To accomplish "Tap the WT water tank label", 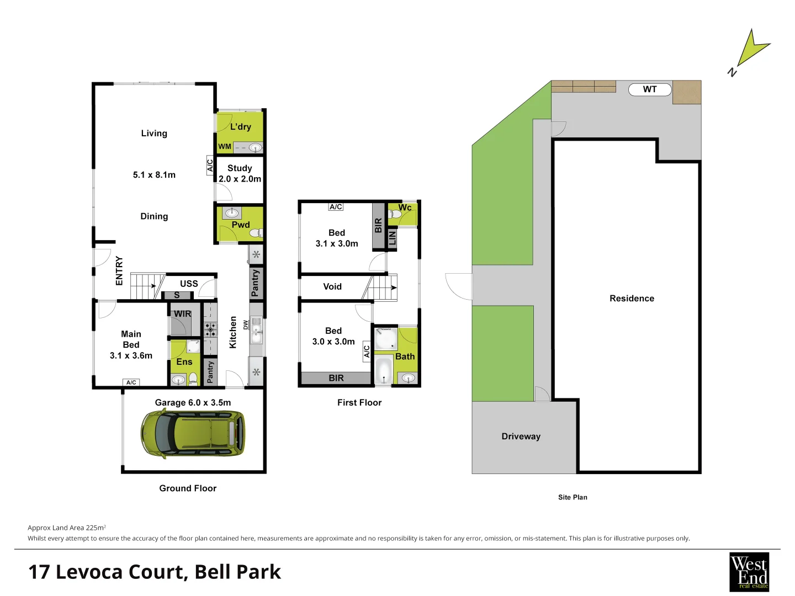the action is (650, 89).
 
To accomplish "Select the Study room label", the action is (240, 168).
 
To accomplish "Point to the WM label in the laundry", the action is (225, 147).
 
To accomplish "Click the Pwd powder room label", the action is (241, 225).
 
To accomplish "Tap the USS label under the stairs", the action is (189, 284).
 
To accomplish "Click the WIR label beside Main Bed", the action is (183, 314).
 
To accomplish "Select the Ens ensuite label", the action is (184, 362).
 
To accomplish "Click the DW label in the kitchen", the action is (246, 325).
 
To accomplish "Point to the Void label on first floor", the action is (332, 286).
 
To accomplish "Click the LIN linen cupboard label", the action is (392, 238).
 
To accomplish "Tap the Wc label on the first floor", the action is (405, 207).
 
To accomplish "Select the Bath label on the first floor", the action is (405, 357).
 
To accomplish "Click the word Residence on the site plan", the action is (632, 299).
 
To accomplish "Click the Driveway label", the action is (521, 437).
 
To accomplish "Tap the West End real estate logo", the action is (749, 572).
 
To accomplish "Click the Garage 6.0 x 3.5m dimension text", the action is (193, 403).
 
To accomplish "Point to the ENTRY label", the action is (119, 270).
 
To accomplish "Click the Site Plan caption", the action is (573, 498).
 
